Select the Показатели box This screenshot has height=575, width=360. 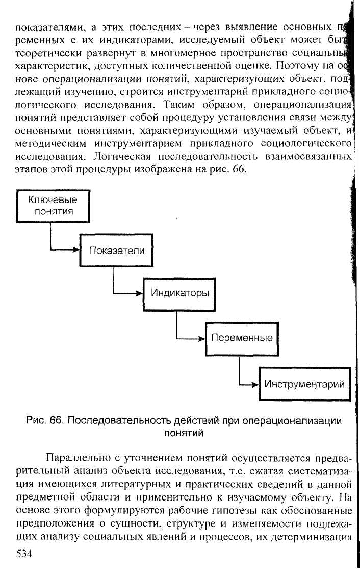[x=117, y=251]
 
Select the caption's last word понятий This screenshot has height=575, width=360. [x=183, y=434]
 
